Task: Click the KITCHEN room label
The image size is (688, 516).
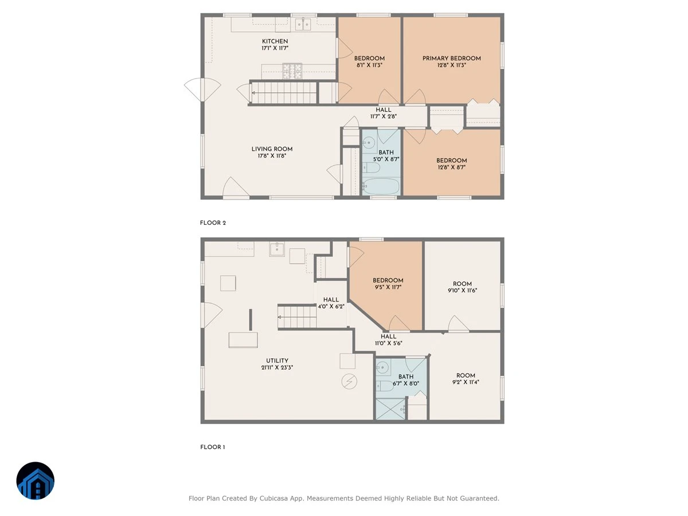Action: [x=275, y=41]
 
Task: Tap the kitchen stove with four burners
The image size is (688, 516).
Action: [x=292, y=71]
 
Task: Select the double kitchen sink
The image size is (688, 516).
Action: [x=303, y=24]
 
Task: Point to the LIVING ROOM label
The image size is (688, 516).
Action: [x=272, y=149]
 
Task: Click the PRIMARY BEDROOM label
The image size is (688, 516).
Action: [x=451, y=58]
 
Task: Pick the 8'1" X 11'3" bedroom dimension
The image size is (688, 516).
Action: [x=369, y=65]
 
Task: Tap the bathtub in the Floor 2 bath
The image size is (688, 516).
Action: [x=381, y=186]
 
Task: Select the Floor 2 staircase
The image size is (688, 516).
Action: [x=284, y=92]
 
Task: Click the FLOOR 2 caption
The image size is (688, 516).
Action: [x=213, y=223]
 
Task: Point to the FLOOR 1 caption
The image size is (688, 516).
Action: [x=213, y=447]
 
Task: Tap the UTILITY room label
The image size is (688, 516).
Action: [x=277, y=361]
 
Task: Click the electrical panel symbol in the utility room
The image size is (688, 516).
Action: [x=349, y=382]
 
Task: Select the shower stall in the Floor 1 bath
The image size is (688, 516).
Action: [x=390, y=409]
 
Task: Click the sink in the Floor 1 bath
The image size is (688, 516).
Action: [x=383, y=367]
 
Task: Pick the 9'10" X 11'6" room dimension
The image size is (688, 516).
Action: [x=462, y=291]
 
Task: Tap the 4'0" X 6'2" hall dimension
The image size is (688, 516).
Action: [x=331, y=306]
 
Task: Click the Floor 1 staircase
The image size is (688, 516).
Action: [x=297, y=316]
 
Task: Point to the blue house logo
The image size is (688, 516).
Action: [x=36, y=480]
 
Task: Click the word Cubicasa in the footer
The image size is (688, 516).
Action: [x=273, y=498]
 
